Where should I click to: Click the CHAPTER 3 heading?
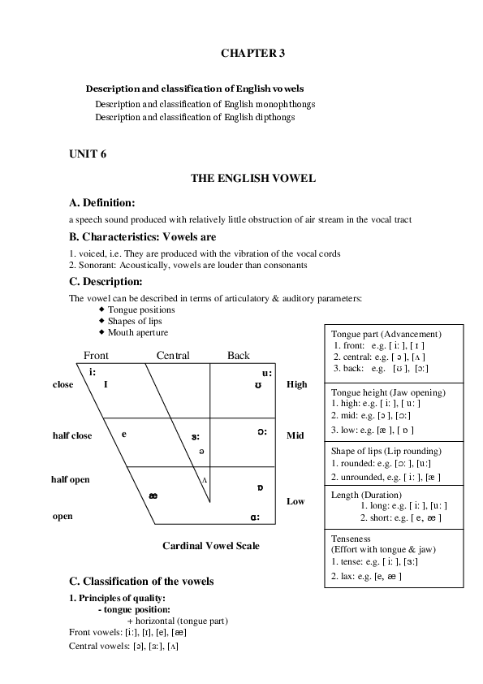pos(252,53)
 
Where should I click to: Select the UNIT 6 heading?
pos(88,153)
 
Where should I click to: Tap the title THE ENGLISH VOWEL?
pos(252,178)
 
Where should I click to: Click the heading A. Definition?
pos(102,201)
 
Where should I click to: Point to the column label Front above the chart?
pos(96,356)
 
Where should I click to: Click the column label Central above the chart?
pos(173,356)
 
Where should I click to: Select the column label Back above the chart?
pos(239,356)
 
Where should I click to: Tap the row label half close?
pos(72,435)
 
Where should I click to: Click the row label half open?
pos(71,479)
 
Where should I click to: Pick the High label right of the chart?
pos(297,384)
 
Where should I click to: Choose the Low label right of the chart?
pos(295,501)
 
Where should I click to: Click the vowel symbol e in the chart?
pos(124,433)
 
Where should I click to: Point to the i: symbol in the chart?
pos(93,372)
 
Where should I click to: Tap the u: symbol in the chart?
pos(266,373)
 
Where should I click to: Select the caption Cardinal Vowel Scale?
pos(211,545)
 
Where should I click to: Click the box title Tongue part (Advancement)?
pos(386,334)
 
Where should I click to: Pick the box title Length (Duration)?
pos(366,494)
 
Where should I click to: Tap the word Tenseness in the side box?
pos(352,538)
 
